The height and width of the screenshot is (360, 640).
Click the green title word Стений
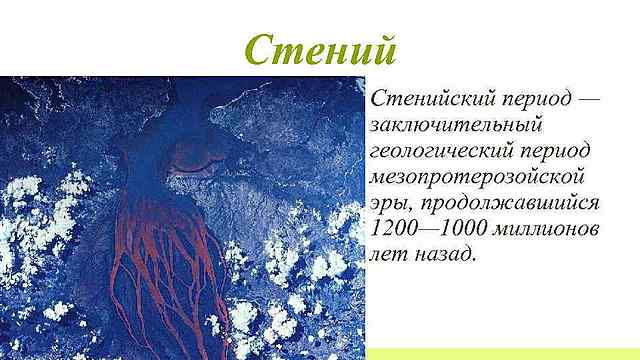click(x=320, y=48)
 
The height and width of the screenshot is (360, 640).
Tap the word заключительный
click(x=454, y=126)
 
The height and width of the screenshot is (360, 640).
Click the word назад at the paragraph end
click(x=446, y=255)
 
